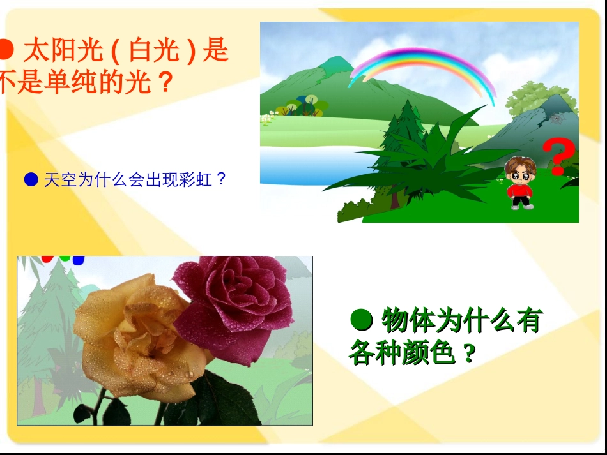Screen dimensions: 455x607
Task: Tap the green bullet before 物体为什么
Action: (x=362, y=320)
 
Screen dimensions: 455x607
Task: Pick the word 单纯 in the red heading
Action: (x=70, y=82)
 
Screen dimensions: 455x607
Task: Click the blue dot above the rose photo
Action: (x=78, y=260)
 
